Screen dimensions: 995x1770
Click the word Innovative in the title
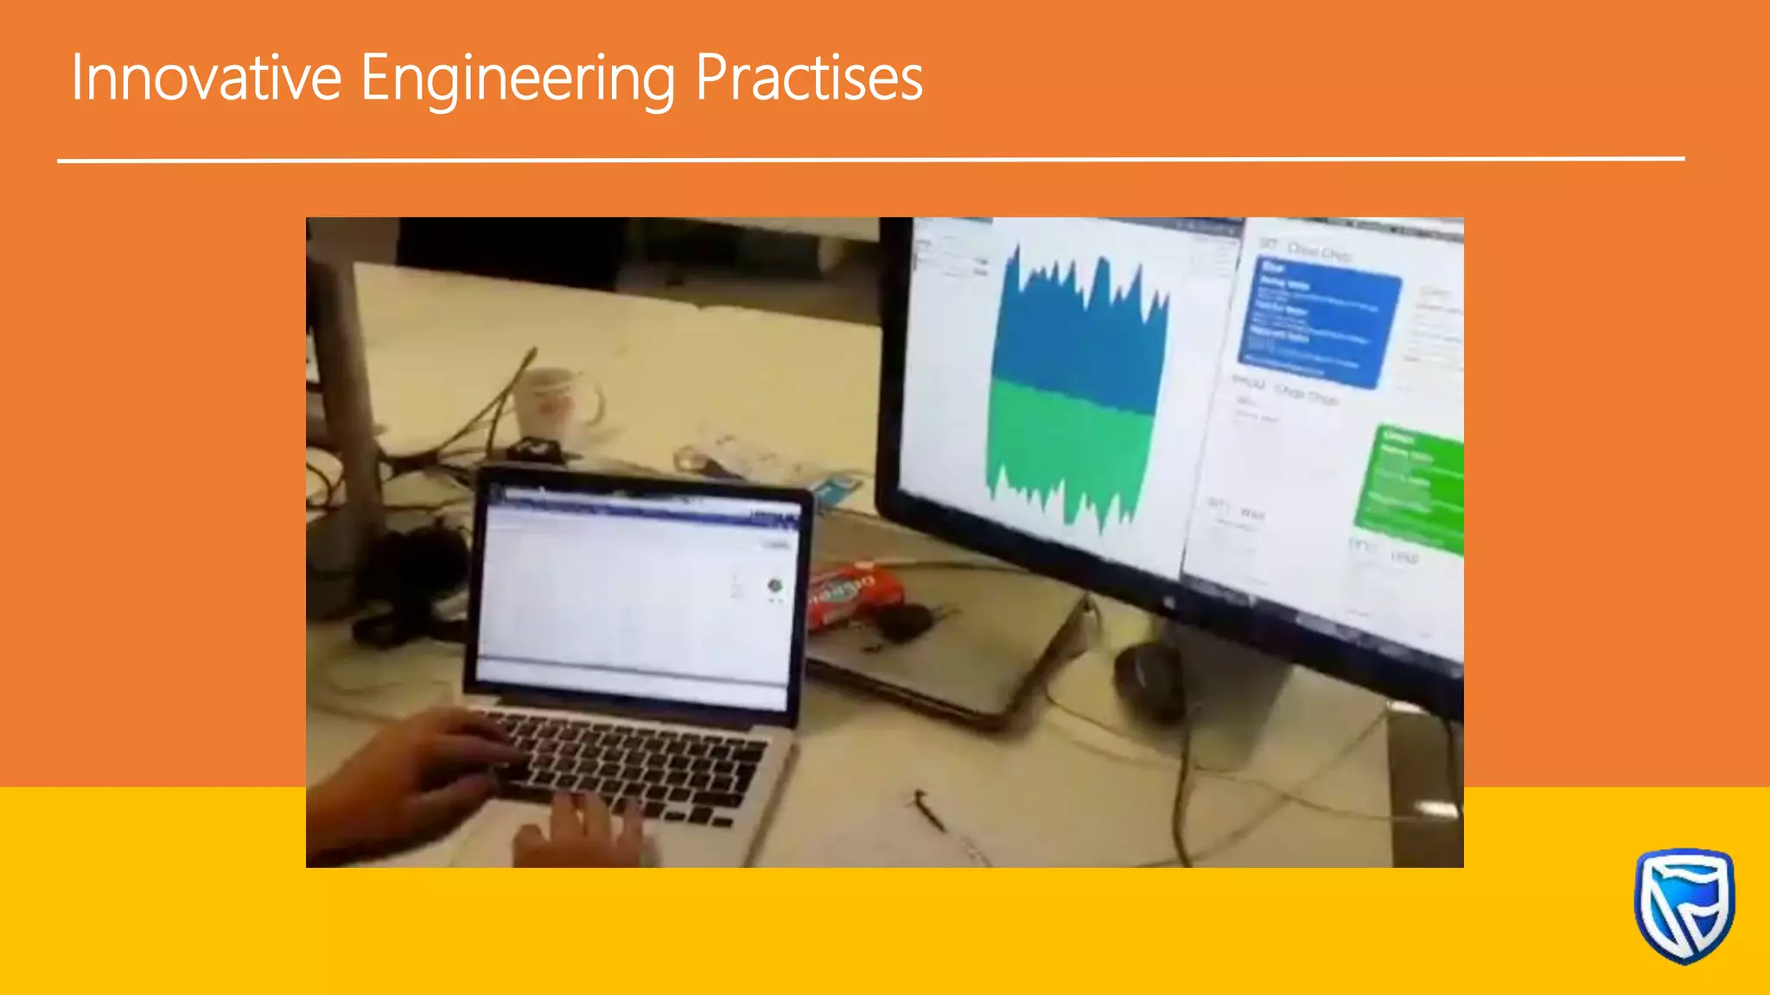pos(206,78)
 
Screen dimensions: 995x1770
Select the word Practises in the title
pos(809,78)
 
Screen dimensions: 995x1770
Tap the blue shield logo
pos(1684,905)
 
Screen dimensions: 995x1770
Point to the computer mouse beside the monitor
pos(1149,678)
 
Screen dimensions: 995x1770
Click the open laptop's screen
pos(635,596)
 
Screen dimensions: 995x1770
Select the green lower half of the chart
pos(1072,449)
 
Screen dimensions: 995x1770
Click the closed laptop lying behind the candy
pos(951,656)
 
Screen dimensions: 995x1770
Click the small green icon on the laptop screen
pos(774,586)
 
